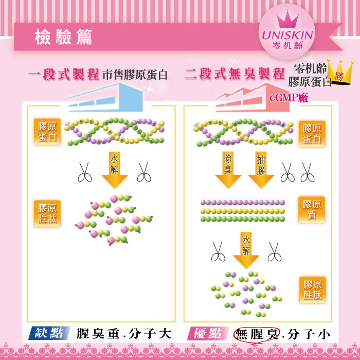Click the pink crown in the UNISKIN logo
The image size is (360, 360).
(x=287, y=19)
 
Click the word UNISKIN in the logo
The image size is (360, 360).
(x=287, y=35)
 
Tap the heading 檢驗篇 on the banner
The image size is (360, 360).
(x=64, y=37)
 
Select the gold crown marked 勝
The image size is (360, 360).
(x=340, y=72)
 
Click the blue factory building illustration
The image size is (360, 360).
(x=106, y=97)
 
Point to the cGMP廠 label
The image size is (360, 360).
(x=289, y=98)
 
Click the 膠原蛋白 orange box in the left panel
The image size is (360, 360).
(x=47, y=132)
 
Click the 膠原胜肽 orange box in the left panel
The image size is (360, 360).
(x=47, y=213)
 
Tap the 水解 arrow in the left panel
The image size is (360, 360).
(x=115, y=170)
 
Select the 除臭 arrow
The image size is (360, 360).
(x=228, y=170)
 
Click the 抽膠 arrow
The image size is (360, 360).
(x=261, y=170)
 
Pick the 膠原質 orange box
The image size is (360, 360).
(x=312, y=210)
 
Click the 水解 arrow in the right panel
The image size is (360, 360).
(x=246, y=250)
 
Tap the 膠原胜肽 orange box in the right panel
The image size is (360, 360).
(x=312, y=290)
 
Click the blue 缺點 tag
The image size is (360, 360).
(x=49, y=333)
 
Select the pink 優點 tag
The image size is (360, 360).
(x=208, y=333)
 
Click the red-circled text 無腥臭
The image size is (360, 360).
(x=257, y=334)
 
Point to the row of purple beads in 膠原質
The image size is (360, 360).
(x=243, y=202)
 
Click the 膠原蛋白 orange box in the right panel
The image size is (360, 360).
(x=312, y=134)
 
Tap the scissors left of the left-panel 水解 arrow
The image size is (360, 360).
(x=84, y=172)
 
